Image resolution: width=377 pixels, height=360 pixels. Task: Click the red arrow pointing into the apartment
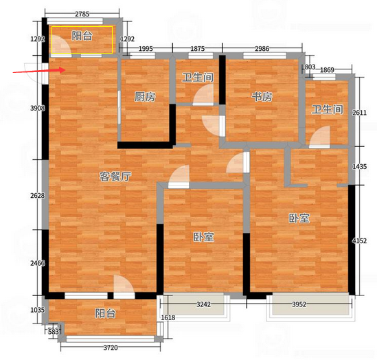[x=39, y=71]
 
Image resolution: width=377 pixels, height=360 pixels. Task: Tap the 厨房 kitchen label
[x=145, y=97]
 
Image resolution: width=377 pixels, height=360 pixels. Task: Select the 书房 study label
[x=262, y=97]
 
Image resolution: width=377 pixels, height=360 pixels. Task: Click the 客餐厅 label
[x=115, y=177]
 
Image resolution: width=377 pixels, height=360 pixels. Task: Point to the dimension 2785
[x=82, y=14]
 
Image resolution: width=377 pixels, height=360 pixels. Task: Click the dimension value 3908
[x=38, y=109]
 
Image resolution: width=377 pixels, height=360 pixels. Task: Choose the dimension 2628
[x=38, y=196]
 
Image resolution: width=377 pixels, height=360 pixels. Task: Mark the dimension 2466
[x=38, y=263]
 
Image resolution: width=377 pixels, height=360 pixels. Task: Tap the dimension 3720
[x=111, y=348]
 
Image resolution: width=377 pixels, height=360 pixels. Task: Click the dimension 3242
[x=203, y=304]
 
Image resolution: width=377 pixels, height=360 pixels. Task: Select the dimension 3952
[x=299, y=304]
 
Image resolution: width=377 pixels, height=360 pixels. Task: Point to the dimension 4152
[x=359, y=240]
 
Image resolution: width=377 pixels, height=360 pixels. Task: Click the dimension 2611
[x=359, y=112]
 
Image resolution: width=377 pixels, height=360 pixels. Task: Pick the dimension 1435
[x=359, y=166]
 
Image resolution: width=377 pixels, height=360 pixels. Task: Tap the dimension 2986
[x=262, y=49]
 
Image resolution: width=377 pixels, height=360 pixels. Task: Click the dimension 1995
[x=146, y=49]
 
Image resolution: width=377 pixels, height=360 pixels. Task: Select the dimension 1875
[x=198, y=49]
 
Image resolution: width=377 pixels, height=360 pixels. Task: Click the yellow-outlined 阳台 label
[x=82, y=36]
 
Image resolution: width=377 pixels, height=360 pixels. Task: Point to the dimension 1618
[x=168, y=317]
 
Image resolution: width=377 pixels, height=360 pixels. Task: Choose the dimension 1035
[x=38, y=311]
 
